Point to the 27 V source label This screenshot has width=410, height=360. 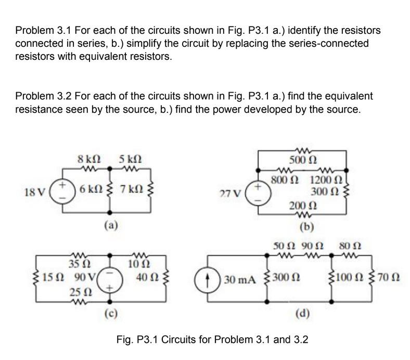[230, 194]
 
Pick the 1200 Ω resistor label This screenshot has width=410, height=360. [325, 181]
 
